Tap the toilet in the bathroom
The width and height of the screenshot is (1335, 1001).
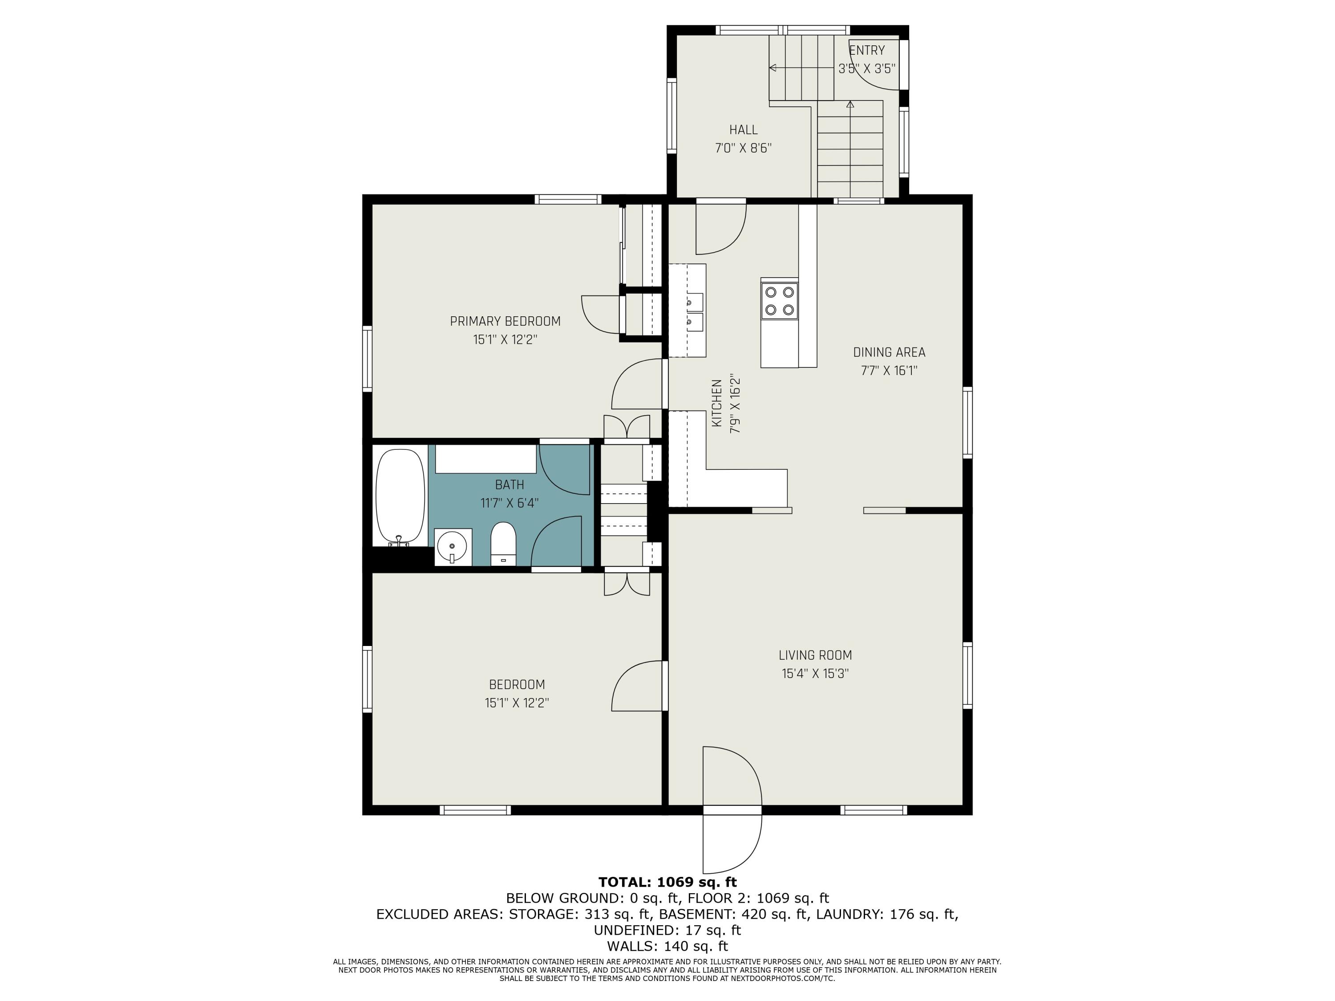click(x=503, y=544)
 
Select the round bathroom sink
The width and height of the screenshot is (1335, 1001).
click(x=452, y=547)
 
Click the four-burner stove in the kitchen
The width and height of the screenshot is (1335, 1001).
click(x=779, y=301)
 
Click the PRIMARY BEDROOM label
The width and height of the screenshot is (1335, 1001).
click(x=505, y=321)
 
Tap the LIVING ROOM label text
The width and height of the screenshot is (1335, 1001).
click(x=815, y=655)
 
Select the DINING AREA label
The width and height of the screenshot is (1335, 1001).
click(x=888, y=352)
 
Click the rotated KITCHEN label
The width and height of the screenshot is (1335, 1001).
click(x=716, y=403)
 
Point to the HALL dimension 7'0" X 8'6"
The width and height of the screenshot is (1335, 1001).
click(x=743, y=148)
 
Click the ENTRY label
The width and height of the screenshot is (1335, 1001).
click(x=867, y=51)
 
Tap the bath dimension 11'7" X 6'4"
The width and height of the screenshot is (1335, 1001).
click(x=510, y=503)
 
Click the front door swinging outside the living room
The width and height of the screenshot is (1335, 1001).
click(x=732, y=842)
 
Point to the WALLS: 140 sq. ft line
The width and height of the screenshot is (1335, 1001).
click(x=667, y=946)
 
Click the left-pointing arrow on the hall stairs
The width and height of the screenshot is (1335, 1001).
click(x=773, y=68)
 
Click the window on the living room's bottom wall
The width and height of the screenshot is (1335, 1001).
click(x=873, y=810)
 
